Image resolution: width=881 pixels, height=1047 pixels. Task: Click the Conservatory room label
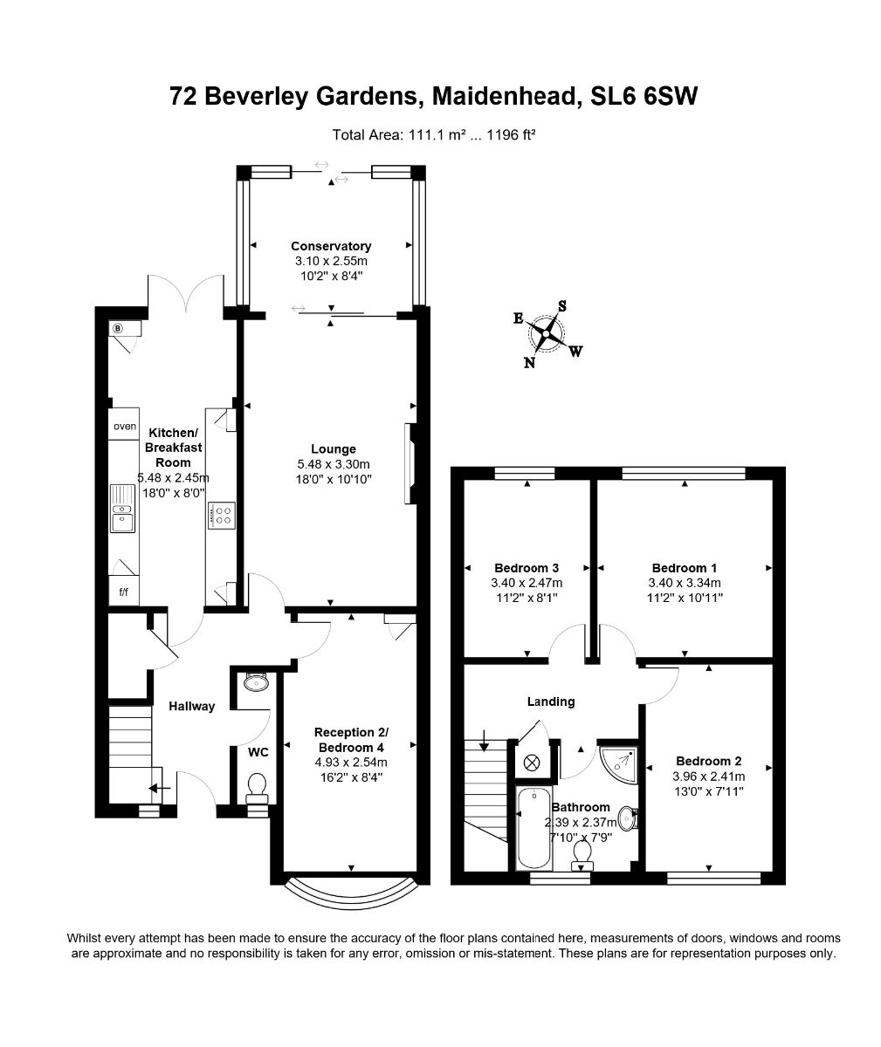331,246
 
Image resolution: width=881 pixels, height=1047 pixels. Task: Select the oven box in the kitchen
125,427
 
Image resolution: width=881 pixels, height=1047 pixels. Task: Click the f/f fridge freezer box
123,592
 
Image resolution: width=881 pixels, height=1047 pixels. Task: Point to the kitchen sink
121,509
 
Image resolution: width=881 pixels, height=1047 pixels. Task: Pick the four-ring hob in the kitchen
221,515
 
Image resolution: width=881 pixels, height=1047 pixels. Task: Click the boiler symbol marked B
118,328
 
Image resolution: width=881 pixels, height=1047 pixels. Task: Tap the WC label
258,751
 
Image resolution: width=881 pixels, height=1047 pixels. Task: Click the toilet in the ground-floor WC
258,788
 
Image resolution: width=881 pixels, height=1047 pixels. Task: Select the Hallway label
191,706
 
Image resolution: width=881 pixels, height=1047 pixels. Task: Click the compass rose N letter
529,363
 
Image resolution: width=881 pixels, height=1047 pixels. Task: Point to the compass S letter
562,305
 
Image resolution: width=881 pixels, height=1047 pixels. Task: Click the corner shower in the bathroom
622,762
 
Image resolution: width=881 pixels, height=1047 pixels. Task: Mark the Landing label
551,701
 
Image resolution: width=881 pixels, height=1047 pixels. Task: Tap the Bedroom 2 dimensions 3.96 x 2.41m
708,776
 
